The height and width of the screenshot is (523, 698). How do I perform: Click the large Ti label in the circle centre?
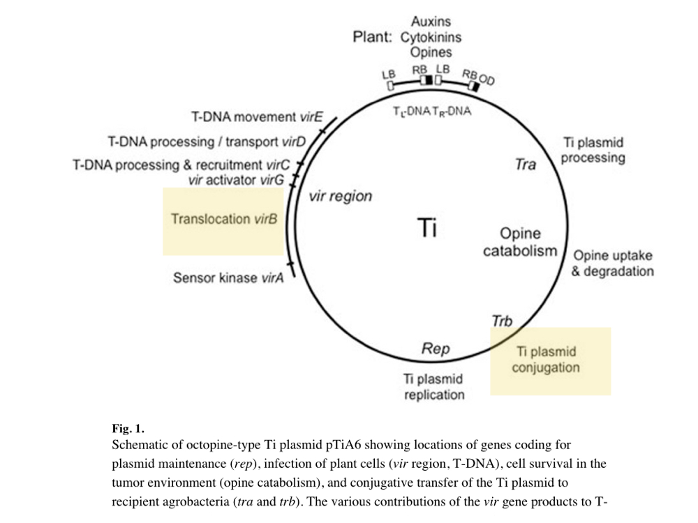click(426, 227)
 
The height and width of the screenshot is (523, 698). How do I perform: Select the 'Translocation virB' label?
click(224, 219)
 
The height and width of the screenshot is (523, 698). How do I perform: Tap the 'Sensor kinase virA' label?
click(228, 278)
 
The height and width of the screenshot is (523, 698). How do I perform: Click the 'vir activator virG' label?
click(235, 181)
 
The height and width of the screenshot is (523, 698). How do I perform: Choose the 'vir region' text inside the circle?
click(340, 197)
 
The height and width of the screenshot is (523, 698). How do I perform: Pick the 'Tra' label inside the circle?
click(525, 165)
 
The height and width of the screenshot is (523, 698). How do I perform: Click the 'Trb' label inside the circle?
click(502, 321)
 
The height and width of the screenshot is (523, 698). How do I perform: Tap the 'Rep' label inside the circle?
click(436, 348)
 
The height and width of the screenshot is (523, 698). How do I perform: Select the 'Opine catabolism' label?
click(521, 243)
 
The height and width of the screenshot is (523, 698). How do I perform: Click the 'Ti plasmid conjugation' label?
click(546, 360)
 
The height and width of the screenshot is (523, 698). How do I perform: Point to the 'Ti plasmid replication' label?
click(433, 387)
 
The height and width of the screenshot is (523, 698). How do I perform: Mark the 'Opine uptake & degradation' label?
click(612, 263)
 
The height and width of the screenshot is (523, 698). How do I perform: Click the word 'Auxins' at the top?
click(431, 22)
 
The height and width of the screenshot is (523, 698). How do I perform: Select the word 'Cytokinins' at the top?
click(431, 37)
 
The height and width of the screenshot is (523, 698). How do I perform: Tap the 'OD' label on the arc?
click(487, 80)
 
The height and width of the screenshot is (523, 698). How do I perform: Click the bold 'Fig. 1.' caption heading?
click(128, 429)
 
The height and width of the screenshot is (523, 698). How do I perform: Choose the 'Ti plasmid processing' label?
click(593, 150)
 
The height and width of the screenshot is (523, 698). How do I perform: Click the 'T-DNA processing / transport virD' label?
click(207, 142)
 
